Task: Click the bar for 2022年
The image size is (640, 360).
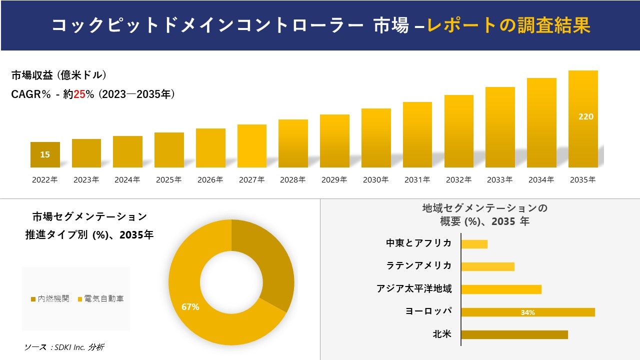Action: coord(45,154)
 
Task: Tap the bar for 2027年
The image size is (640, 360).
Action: coord(252,146)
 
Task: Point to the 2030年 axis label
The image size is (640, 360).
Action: coord(376,180)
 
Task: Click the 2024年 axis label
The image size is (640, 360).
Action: coord(127,180)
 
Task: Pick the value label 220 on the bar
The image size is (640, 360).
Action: coord(585,116)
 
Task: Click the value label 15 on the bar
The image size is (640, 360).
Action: coord(45,154)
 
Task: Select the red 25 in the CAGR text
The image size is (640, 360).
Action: coord(79,94)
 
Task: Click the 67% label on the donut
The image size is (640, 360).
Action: coord(190,307)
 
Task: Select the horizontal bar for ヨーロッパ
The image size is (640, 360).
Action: coord(527,312)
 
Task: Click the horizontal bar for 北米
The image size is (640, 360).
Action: coord(514,334)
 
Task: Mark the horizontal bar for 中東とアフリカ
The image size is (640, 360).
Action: coord(474,244)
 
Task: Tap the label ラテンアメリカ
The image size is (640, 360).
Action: coord(418,265)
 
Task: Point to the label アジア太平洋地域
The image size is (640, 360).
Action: coord(414,288)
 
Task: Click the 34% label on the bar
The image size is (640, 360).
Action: coord(527,312)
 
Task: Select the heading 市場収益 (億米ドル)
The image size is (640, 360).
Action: coord(59,75)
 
